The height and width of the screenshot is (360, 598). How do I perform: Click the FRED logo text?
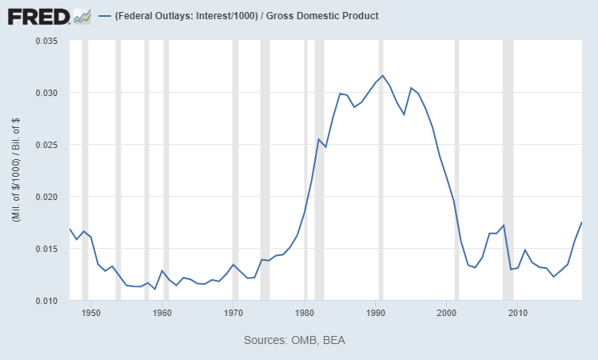[x=38, y=15]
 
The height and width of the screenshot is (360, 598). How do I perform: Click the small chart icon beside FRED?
[x=82, y=15]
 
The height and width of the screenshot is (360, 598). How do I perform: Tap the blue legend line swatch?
[x=104, y=16]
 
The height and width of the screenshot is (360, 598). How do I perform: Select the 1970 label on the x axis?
[x=233, y=313]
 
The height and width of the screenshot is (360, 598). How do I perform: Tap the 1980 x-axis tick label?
[x=305, y=313]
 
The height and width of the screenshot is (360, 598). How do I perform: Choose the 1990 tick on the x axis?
[x=376, y=313]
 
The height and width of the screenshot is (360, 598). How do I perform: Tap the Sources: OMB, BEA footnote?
[x=294, y=340]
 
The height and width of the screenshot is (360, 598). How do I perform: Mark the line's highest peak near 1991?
[x=383, y=75]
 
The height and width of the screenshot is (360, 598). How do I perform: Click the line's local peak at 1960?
[x=162, y=270]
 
